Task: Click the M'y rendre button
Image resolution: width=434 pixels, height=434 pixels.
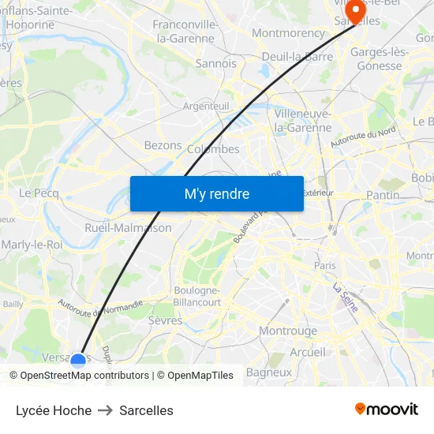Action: [x=217, y=193]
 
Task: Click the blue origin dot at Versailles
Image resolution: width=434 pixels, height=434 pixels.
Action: [x=78, y=361]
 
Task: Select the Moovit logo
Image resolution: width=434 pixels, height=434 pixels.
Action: [x=386, y=409]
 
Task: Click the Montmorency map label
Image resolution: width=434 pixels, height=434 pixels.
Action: [x=288, y=33]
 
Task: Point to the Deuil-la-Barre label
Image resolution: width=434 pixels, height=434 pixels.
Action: [x=297, y=57]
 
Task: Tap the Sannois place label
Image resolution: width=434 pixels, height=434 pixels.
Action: [x=215, y=63]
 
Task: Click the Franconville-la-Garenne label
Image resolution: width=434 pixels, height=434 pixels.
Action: [x=184, y=31]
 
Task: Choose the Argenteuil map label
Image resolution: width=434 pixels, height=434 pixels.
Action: [x=206, y=106]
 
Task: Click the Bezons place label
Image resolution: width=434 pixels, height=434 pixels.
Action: [x=163, y=146]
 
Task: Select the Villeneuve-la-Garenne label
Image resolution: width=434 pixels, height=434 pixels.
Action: [x=303, y=120]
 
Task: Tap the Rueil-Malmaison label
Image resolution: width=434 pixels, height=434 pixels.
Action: [x=128, y=228]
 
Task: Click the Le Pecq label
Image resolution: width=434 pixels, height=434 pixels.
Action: [x=36, y=193]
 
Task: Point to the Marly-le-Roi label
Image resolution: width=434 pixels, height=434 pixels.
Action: [x=32, y=245]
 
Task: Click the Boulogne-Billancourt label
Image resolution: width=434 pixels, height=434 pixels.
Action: [x=196, y=296]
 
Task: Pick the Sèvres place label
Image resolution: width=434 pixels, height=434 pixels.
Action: [x=165, y=321]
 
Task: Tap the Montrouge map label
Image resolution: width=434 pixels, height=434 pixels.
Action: [x=288, y=331]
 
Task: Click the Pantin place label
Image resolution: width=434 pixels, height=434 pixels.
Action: [x=383, y=195]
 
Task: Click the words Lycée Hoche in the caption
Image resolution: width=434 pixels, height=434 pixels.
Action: [x=54, y=410]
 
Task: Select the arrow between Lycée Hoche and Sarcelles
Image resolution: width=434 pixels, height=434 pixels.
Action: [x=106, y=410]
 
